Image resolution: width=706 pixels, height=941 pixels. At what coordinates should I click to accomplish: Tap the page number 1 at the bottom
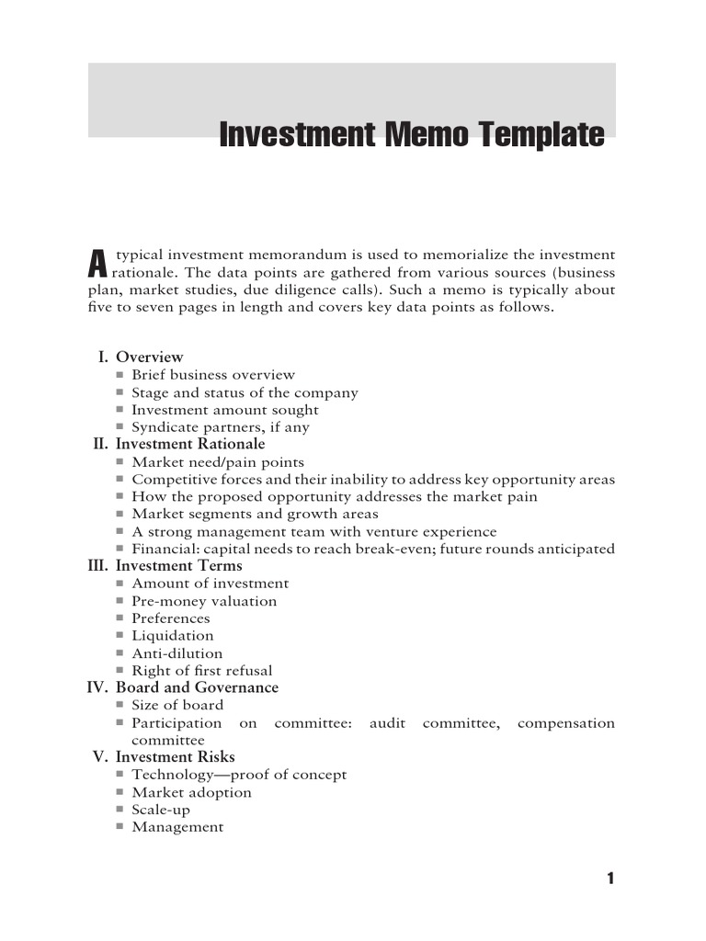(x=609, y=879)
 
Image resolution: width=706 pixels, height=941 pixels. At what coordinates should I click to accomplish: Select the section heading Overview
(x=149, y=357)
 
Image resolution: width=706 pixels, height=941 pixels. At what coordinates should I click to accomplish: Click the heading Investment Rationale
(x=189, y=444)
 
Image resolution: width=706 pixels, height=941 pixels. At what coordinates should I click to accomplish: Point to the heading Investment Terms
(x=179, y=566)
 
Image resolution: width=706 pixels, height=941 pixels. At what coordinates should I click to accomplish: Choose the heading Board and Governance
(x=197, y=687)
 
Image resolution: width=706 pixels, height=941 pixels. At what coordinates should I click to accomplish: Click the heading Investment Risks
(x=175, y=757)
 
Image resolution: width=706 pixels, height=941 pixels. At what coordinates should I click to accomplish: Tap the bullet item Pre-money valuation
(x=204, y=601)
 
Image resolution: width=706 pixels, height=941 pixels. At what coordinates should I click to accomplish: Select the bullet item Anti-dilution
(x=177, y=653)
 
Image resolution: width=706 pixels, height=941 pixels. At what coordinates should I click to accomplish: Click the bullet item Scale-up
(x=161, y=810)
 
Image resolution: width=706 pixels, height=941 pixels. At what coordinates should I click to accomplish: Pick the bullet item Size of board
(x=177, y=705)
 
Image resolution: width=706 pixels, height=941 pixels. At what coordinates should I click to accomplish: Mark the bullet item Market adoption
(x=191, y=792)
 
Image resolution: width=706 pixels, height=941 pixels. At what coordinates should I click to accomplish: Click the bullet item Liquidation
(x=173, y=636)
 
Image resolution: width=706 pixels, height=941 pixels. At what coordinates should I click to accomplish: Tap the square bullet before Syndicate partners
(x=120, y=427)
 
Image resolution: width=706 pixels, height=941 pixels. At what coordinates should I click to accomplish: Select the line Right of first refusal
(x=202, y=671)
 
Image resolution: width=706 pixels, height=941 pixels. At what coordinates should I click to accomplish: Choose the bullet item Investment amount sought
(x=225, y=410)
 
